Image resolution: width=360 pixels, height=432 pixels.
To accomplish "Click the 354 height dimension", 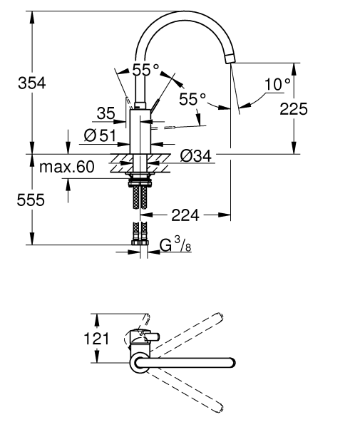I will pyautogui.click(x=31, y=83).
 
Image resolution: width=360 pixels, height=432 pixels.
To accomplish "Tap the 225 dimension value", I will pyautogui.click(x=293, y=108).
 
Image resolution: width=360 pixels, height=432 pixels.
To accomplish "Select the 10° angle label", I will pyautogui.click(x=277, y=85).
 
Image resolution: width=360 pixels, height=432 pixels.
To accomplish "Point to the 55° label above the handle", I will pyautogui.click(x=146, y=71).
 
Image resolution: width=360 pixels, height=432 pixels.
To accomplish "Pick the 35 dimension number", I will pyautogui.click(x=106, y=113).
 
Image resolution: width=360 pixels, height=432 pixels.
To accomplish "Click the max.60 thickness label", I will pyautogui.click(x=67, y=168).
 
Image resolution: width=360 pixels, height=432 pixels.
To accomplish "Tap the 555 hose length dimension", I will pyautogui.click(x=31, y=200).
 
